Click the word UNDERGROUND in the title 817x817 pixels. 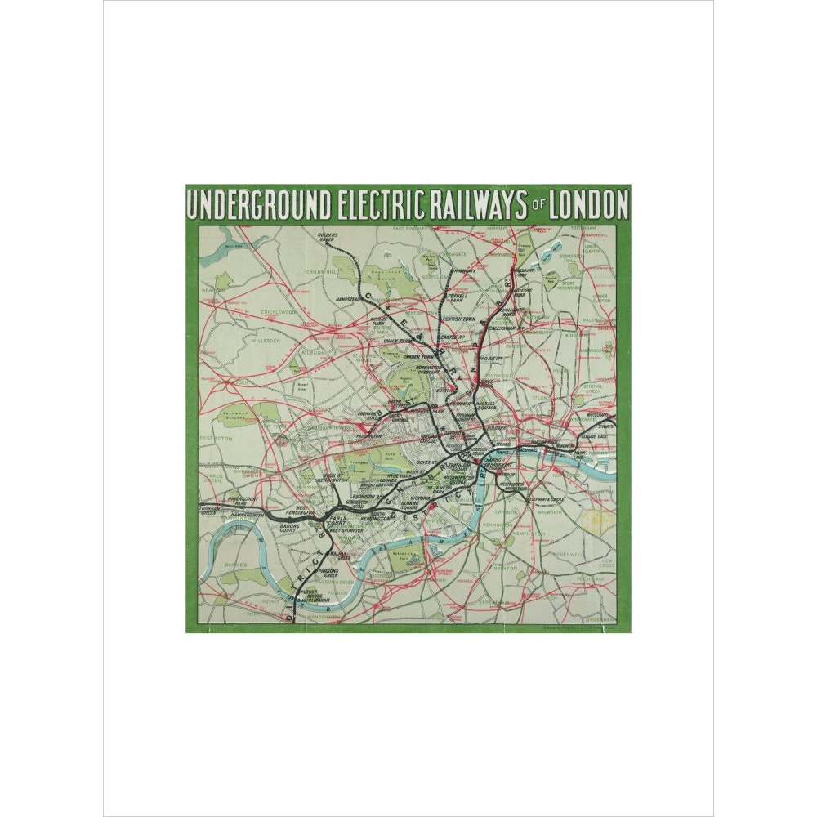point(258,204)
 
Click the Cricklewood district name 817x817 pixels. point(281,312)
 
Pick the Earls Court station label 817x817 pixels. point(337,518)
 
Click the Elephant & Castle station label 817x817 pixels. point(545,498)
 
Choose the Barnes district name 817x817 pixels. point(217,561)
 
